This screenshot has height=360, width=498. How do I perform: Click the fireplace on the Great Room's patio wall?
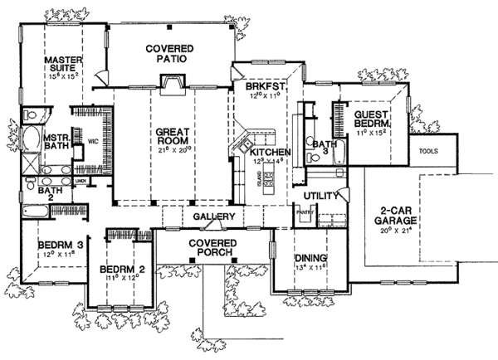[172, 82]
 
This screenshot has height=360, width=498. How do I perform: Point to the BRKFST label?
[250, 86]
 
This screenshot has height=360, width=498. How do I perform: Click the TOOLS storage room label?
[429, 152]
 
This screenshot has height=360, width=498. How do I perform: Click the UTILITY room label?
[319, 195]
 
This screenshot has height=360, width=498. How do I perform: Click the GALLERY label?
[211, 216]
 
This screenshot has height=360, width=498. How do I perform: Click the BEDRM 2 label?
[119, 270]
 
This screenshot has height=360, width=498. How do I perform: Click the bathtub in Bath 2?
[32, 212]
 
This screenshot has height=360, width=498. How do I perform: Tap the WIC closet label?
[93, 142]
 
